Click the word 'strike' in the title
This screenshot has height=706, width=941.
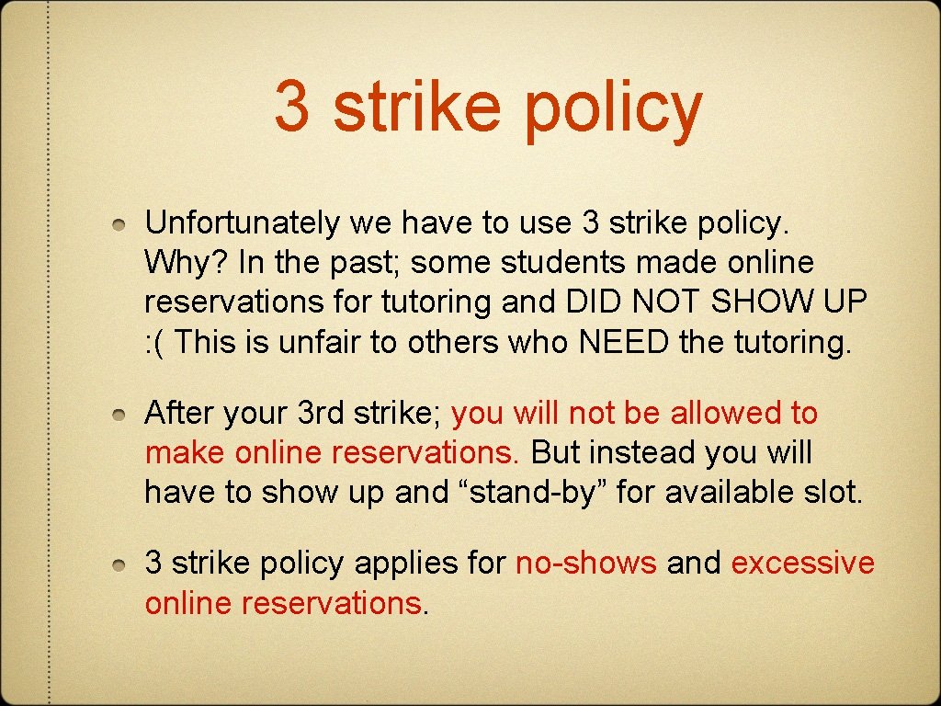416,107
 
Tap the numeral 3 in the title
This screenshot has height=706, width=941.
292,107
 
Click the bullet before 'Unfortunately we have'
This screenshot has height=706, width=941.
120,224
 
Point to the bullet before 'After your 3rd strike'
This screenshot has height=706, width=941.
120,416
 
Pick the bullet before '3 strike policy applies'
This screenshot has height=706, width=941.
120,564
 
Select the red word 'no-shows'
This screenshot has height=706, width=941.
586,563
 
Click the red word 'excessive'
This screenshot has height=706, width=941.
802,563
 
